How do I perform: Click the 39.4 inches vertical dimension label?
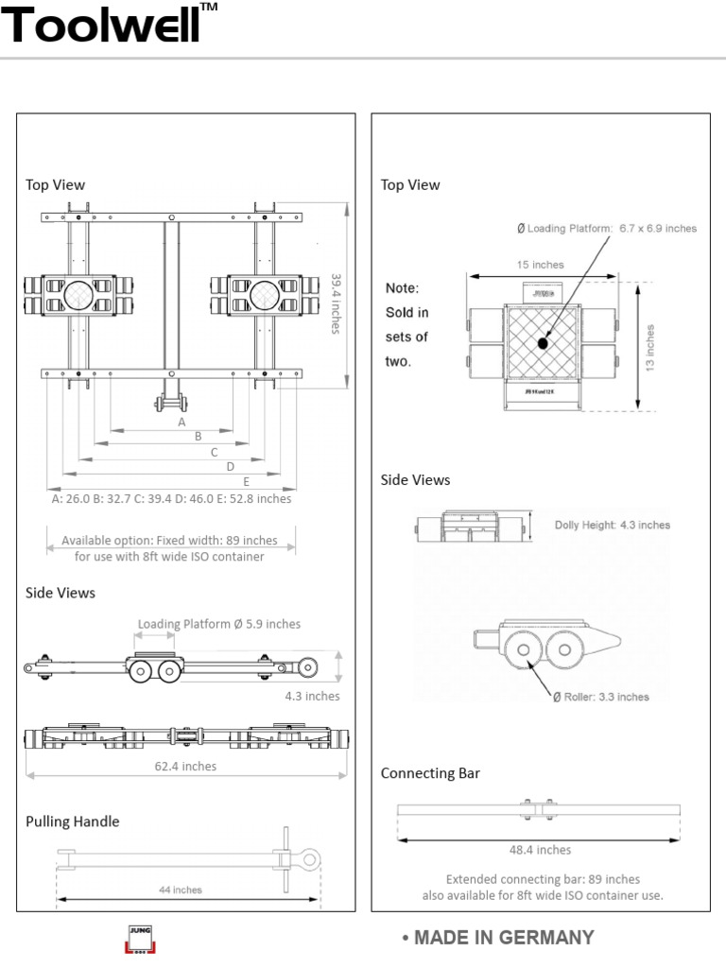point(336,302)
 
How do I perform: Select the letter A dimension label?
point(182,423)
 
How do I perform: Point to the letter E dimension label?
point(246,481)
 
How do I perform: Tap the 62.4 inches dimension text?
point(185,766)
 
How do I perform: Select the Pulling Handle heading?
point(72,821)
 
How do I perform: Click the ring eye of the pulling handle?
point(307,859)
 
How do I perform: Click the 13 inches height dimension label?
point(650,347)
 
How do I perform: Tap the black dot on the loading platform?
point(543,342)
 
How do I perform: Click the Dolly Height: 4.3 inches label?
point(612,525)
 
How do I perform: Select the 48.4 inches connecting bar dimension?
point(540,850)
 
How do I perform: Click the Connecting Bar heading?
point(430,773)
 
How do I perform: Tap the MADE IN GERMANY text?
point(497,938)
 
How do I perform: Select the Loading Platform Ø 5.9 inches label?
point(219,624)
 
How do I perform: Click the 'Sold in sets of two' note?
point(406,324)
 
